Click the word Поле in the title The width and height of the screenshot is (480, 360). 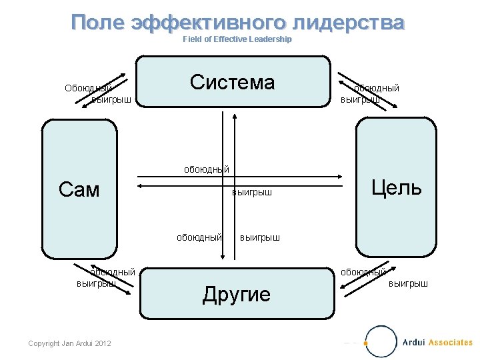tap(99, 23)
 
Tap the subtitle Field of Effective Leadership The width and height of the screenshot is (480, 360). tap(237, 39)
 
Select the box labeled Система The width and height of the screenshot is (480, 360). tap(232, 82)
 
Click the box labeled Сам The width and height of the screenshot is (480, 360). tap(79, 190)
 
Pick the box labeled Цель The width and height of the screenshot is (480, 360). tap(396, 187)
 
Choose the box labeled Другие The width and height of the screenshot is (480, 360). tap(237, 294)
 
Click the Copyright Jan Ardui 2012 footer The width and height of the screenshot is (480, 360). tap(70, 343)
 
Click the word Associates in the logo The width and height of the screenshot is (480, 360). tap(450, 343)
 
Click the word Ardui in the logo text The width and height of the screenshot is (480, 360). tap(414, 343)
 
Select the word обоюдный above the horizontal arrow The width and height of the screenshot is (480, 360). tap(207, 169)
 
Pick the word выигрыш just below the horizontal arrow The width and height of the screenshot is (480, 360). tap(252, 193)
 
